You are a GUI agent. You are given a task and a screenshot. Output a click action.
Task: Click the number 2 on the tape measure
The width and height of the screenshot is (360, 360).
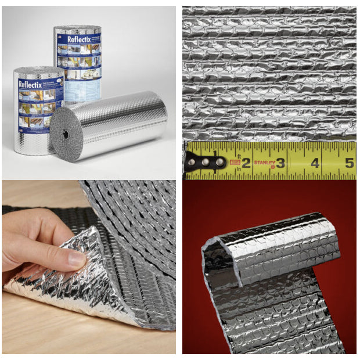[x=246, y=162]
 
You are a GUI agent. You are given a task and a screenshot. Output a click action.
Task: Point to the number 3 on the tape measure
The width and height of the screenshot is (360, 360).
[x=280, y=162]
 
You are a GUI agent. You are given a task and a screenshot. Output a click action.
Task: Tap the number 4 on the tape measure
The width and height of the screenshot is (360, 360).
[x=315, y=163]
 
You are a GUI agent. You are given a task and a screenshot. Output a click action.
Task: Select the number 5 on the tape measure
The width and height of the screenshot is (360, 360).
[x=349, y=162]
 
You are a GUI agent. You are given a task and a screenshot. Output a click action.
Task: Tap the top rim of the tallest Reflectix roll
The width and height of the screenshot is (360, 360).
[x=77, y=28]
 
